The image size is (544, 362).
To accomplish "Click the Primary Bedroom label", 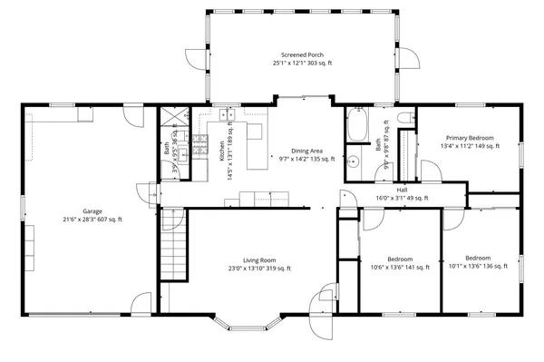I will pyautogui.click(x=468, y=137).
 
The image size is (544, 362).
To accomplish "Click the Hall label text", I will pyautogui.click(x=402, y=189).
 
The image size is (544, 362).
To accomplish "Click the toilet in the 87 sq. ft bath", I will pyautogui.click(x=406, y=119).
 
